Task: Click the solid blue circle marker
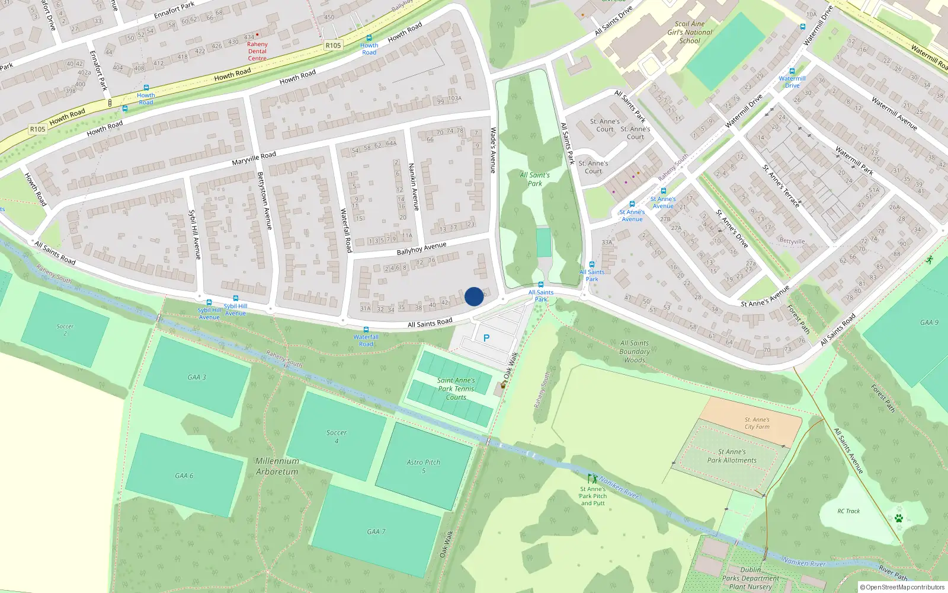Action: (x=474, y=296)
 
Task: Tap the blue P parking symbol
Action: (x=486, y=338)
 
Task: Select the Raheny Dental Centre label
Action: (x=257, y=51)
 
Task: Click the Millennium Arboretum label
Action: (x=277, y=466)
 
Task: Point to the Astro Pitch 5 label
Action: (x=424, y=466)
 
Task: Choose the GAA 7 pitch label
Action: (x=376, y=531)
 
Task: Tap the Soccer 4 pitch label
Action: (x=337, y=436)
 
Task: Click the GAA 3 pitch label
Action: (x=197, y=377)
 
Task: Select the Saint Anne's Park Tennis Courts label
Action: (x=456, y=388)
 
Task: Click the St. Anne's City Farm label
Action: (x=757, y=423)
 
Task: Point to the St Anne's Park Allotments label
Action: (x=732, y=455)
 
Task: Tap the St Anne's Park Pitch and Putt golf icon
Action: (x=592, y=479)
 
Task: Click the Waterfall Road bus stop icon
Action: (x=366, y=330)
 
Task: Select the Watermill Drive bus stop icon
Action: (x=792, y=71)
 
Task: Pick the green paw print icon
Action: (x=899, y=518)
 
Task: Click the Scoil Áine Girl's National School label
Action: (x=690, y=33)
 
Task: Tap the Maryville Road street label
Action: (x=254, y=158)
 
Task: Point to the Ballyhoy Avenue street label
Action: (x=421, y=248)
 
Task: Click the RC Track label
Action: (x=848, y=511)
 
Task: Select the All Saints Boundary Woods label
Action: (x=635, y=351)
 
